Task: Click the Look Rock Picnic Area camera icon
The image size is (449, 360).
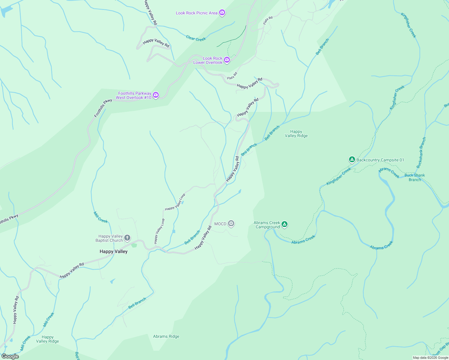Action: [222, 13]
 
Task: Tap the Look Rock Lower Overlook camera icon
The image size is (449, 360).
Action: [227, 60]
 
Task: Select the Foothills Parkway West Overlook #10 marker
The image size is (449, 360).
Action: [156, 95]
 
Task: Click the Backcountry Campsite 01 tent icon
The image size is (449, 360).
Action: [352, 160]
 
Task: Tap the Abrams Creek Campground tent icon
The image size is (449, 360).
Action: [285, 224]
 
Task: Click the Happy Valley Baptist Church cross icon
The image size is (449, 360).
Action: [127, 238]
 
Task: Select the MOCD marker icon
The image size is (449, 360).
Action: [231, 223]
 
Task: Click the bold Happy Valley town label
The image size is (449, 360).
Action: [113, 251]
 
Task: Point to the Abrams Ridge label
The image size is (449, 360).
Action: [166, 336]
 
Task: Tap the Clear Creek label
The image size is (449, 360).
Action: [196, 38]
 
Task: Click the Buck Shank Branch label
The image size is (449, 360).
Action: [414, 177]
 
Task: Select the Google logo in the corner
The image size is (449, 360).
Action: [10, 356]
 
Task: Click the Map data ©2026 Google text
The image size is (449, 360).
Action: [430, 358]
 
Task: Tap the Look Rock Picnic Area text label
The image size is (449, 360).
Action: [196, 13]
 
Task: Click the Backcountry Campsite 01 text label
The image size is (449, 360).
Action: [380, 160]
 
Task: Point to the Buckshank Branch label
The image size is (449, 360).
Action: [421, 152]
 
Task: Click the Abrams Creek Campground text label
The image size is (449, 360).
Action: [267, 225]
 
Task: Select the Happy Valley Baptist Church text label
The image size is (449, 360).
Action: [109, 238]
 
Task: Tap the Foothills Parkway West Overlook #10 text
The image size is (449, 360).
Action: [134, 95]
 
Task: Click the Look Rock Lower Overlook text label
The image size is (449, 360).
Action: [208, 60]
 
